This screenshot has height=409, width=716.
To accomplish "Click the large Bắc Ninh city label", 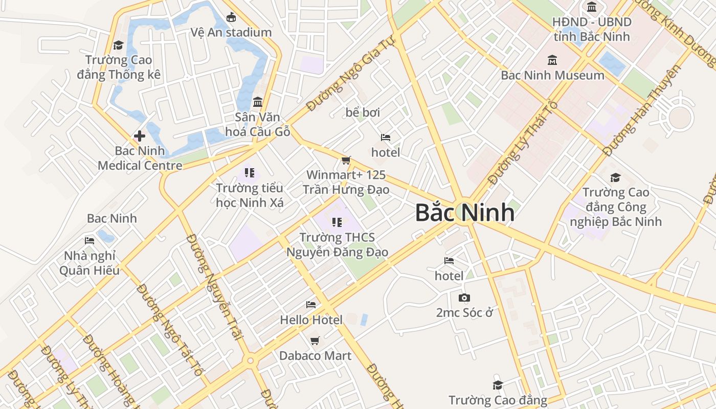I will click(x=464, y=213).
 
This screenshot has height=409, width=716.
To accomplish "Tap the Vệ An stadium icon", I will click(x=231, y=17).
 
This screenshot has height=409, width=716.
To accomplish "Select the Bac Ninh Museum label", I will click(x=552, y=75).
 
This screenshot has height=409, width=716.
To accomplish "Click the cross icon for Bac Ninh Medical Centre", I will click(x=139, y=136).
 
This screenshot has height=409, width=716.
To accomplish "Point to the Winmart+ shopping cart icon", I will click(x=346, y=161).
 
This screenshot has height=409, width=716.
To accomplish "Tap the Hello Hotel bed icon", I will click(x=311, y=305).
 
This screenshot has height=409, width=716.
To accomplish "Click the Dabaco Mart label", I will click(x=315, y=356).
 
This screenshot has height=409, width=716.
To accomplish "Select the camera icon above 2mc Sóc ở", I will click(x=464, y=298).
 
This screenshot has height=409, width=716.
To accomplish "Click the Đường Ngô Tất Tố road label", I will click(x=169, y=330).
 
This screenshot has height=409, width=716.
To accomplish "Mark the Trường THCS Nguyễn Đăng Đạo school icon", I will click(x=337, y=222).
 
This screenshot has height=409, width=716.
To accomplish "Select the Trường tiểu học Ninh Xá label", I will click(x=250, y=195).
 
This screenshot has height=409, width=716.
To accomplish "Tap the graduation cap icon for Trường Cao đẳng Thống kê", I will click(x=119, y=45).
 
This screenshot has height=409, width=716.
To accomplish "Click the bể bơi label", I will click(x=363, y=112).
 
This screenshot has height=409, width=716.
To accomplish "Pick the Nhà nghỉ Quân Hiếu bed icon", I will click(x=89, y=240).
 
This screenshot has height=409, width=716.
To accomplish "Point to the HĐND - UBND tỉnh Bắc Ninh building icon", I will click(x=592, y=7).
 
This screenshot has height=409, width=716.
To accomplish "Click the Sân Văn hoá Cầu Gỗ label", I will click(x=258, y=124).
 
